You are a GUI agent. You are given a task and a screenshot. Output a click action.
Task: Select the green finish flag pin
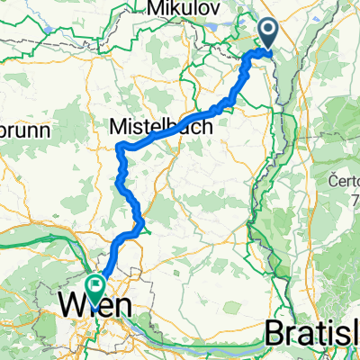(94, 286)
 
